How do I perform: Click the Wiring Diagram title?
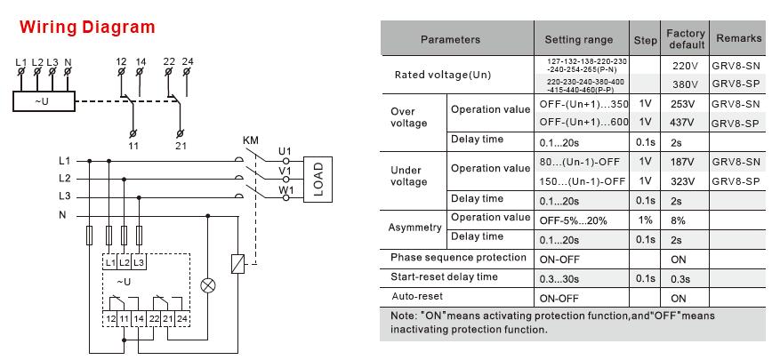point(87,27)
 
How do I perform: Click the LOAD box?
point(318,179)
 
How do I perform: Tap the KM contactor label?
point(251,140)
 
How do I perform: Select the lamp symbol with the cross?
point(207,285)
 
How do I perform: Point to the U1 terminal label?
point(285,151)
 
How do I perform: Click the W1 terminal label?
point(285,189)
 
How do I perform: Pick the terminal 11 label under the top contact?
point(133,146)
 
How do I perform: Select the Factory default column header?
point(686,39)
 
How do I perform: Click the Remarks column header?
point(738,38)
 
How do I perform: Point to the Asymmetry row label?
point(414,228)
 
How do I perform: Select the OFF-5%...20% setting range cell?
point(573,220)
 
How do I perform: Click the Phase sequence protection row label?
point(458,258)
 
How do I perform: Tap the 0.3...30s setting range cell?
point(559,279)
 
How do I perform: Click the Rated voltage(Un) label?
point(443,75)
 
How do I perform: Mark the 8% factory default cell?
point(678,220)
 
